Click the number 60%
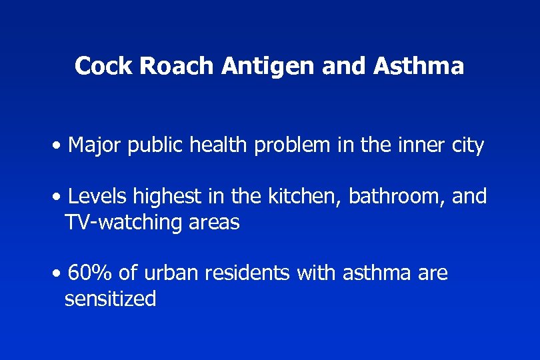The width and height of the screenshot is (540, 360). [90, 273]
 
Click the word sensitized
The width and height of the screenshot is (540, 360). [110, 299]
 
